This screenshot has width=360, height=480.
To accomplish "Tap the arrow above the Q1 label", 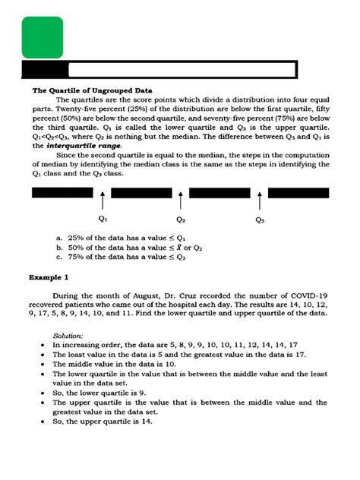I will tap(102, 201).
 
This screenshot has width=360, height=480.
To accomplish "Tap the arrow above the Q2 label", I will tap(181, 201).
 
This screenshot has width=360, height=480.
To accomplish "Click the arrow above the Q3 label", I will tap(260, 201).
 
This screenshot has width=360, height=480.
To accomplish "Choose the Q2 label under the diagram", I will tap(181, 220).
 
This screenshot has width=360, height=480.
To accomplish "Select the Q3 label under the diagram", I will tap(260, 220).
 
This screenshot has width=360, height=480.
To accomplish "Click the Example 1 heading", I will tap(50, 278).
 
